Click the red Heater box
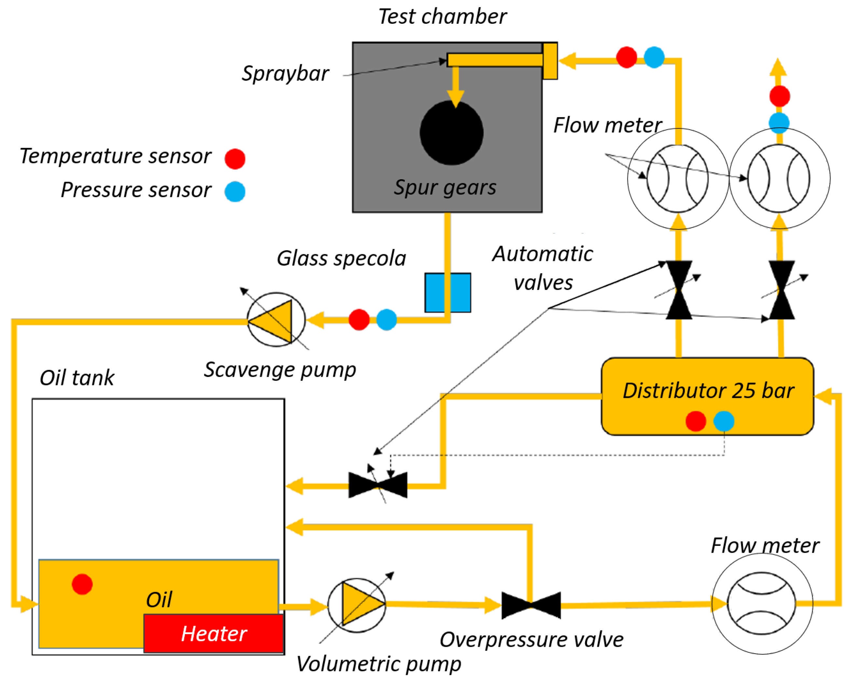click(x=213, y=633)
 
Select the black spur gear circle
click(x=451, y=133)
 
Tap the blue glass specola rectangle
click(x=448, y=293)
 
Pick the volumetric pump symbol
click(x=357, y=605)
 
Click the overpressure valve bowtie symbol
click(x=531, y=605)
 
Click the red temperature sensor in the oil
click(x=82, y=584)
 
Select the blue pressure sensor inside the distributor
click(x=723, y=421)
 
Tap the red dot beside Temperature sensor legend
click(x=235, y=159)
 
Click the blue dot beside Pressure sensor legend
click(x=235, y=192)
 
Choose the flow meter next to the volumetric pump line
click(x=762, y=603)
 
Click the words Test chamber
click(x=442, y=17)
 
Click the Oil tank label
click(x=77, y=377)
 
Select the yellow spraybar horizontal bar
click(x=495, y=60)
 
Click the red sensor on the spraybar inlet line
click(x=626, y=57)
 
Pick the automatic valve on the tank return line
click(x=378, y=485)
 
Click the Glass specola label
click(x=341, y=258)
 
